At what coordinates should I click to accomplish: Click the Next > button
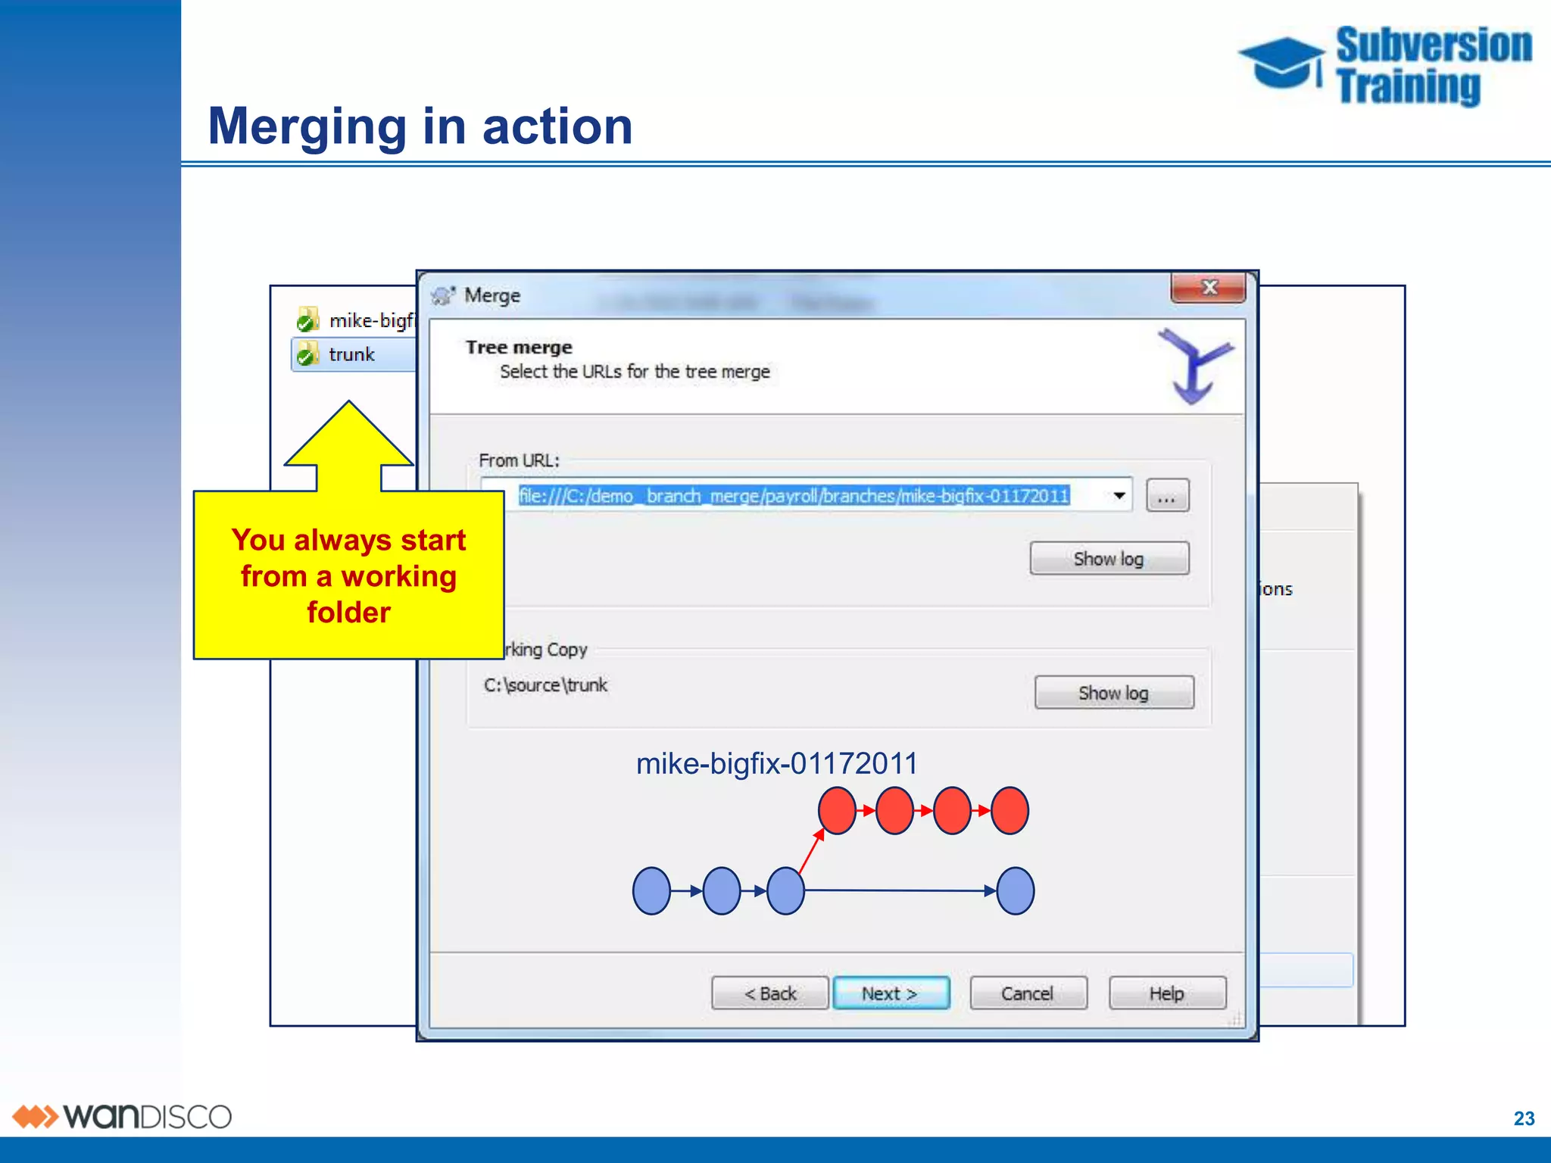tap(891, 993)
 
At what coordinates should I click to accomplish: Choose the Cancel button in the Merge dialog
tap(1028, 993)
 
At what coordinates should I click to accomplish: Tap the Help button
tap(1166, 993)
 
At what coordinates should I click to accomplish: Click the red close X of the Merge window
tap(1209, 288)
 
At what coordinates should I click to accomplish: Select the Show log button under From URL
tap(1109, 559)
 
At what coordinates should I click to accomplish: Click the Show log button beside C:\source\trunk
tap(1113, 693)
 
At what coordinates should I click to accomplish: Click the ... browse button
tap(1167, 497)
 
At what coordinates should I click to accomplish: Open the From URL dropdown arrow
tap(1119, 496)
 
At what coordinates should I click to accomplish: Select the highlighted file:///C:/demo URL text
tap(794, 496)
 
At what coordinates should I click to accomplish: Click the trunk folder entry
tap(351, 354)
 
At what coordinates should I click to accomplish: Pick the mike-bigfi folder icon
tap(307, 320)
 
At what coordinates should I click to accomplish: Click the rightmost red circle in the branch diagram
tap(1010, 811)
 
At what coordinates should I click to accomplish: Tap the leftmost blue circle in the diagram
tap(651, 891)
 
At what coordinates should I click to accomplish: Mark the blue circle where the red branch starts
tap(785, 891)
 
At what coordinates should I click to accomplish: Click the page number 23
tap(1524, 1118)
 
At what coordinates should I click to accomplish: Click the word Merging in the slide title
tap(307, 126)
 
